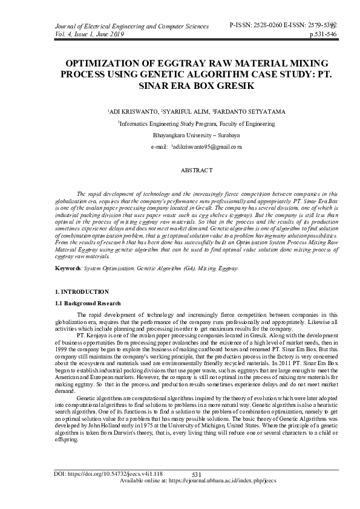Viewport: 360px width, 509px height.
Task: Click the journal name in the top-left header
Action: coord(123,27)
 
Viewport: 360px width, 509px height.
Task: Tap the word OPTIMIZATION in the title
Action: coord(102,63)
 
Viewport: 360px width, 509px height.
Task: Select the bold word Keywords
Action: coord(67,267)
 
